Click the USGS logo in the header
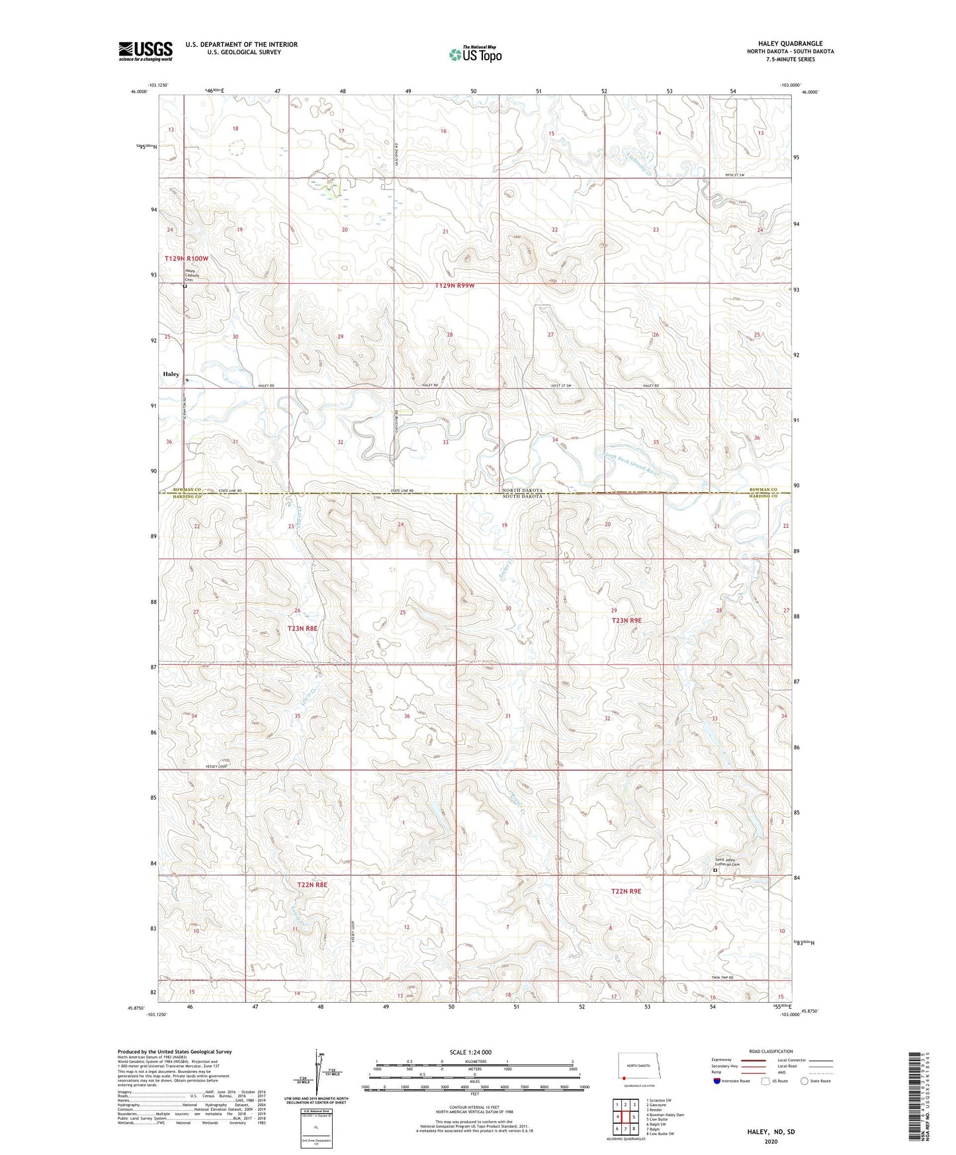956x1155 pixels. click(145, 51)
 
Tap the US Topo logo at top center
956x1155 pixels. click(475, 54)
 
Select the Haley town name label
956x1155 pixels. click(171, 374)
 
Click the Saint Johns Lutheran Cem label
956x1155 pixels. click(726, 863)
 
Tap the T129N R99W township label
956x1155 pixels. click(455, 286)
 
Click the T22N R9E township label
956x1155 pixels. click(626, 891)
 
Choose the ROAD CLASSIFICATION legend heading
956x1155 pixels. click(771, 1051)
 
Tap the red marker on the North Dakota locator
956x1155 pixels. click(624, 1076)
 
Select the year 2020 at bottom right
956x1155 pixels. click(770, 1141)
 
